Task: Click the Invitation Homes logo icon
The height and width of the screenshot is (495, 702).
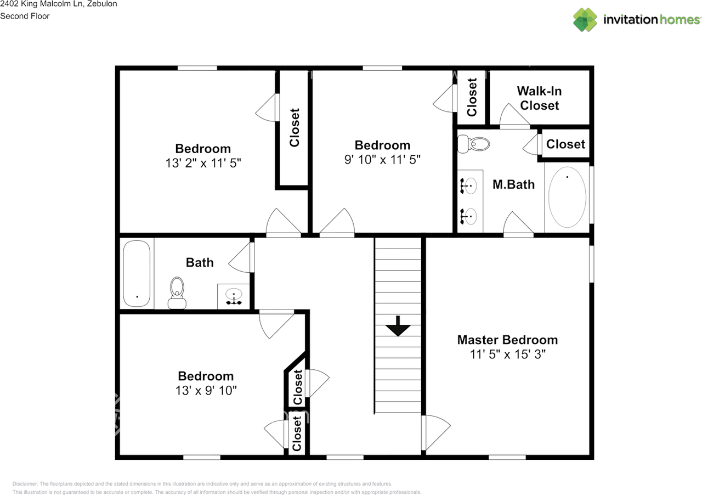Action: pos(585,20)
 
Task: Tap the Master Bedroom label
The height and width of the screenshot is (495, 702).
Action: pos(507,340)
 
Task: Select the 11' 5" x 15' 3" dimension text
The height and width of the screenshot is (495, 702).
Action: pos(507,355)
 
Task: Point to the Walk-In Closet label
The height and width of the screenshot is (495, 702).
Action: pos(540,98)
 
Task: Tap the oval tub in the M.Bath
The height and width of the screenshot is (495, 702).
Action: pos(567,198)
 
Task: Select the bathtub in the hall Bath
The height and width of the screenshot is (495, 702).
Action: pos(137,273)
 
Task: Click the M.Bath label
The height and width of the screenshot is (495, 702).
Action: pos(513,184)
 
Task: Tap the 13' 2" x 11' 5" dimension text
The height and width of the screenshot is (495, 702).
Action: pos(203,163)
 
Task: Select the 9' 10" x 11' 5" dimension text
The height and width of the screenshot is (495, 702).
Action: pos(382,160)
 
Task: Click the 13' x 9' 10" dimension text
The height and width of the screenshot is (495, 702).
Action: pos(206,390)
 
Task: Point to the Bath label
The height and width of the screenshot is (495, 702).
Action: pos(200,262)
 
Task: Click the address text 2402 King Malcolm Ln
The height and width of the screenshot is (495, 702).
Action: pos(58,4)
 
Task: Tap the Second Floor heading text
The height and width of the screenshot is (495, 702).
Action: pos(25,16)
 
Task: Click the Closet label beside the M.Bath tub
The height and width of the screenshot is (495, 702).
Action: pos(565,144)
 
